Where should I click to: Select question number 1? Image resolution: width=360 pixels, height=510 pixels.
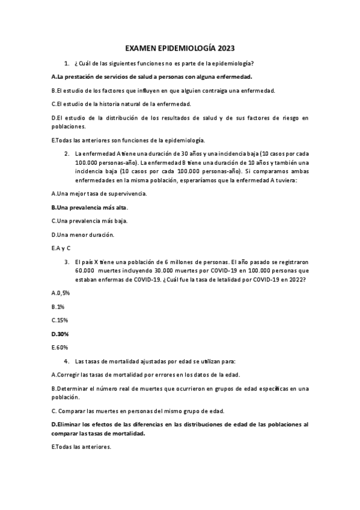coord(66,63)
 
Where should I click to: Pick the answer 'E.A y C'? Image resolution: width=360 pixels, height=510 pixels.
coord(61,248)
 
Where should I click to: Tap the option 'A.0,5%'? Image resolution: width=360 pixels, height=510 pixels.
coord(61,293)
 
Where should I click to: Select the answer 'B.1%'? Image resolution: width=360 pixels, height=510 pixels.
coord(58,306)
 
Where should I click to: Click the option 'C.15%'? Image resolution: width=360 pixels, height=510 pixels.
coord(60,320)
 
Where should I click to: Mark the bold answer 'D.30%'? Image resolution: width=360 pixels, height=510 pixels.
coord(61,333)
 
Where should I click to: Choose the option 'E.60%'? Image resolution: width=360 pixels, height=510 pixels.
coord(60,347)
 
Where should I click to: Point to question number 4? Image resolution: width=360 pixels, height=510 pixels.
coord(66,361)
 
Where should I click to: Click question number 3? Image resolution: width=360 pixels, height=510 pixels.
coord(66,262)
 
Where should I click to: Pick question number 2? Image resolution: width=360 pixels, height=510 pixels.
coord(66,153)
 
